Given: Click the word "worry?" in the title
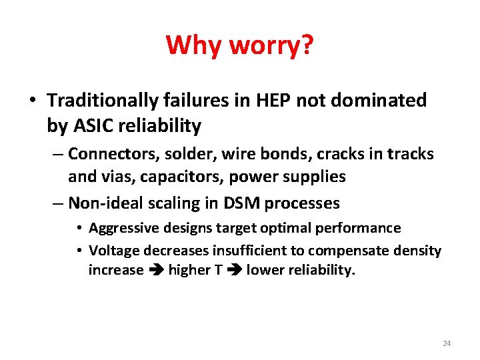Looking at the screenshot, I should pyautogui.click(x=270, y=45).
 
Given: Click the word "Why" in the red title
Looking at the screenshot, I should pyautogui.click(x=194, y=45).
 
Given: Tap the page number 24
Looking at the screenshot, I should pyautogui.click(x=447, y=343).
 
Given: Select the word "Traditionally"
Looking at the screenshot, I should pyautogui.click(x=101, y=101).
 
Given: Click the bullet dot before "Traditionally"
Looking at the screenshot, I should pyautogui.click(x=32, y=101).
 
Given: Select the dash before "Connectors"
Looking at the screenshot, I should pyautogui.click(x=58, y=155).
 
